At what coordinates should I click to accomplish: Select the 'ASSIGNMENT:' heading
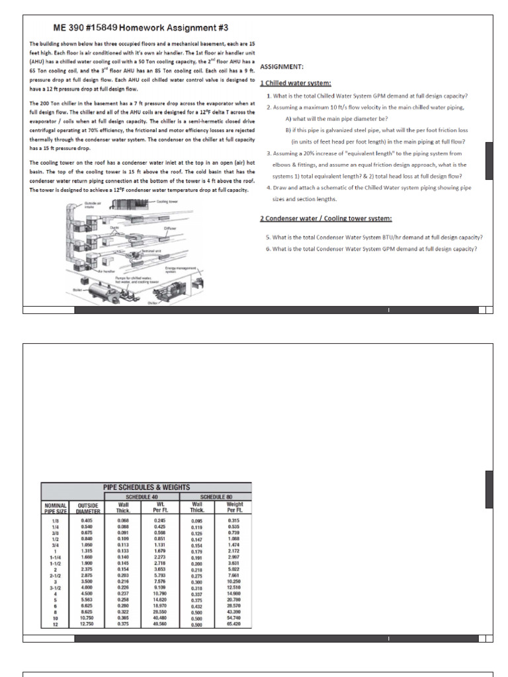282,67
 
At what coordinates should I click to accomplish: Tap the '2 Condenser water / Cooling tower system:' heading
325,219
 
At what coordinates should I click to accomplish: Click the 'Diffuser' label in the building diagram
171,228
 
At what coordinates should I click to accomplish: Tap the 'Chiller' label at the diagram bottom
153,302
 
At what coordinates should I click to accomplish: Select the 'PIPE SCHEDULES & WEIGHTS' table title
146,487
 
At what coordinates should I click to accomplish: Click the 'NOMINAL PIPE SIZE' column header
56,507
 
